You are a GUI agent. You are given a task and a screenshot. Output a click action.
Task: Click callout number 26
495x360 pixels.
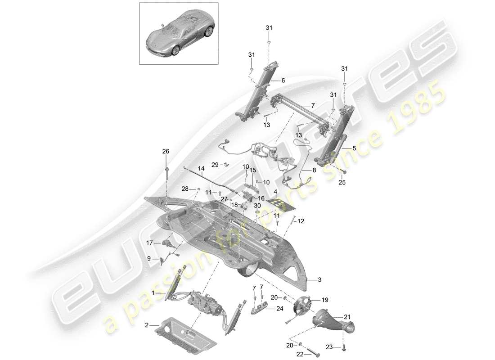coord(166,152)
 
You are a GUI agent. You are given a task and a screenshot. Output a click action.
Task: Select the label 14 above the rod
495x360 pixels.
coord(201,170)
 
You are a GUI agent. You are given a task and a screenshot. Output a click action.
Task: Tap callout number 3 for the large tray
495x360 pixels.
coord(320,280)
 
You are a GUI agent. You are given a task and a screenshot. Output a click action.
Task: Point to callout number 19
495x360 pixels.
coord(325,299)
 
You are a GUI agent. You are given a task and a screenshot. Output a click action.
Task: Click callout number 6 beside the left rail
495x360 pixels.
coord(283,81)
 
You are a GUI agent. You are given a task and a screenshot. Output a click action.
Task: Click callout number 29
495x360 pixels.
coord(215,165)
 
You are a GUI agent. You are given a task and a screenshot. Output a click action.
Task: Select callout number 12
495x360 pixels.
coord(301,221)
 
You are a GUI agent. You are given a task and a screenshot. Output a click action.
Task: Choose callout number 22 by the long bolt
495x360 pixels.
coord(300,354)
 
